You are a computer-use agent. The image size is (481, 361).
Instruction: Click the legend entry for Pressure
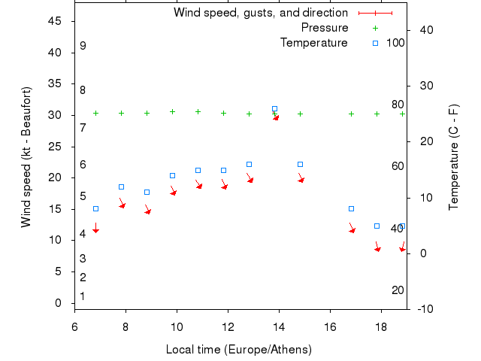coord(325,28)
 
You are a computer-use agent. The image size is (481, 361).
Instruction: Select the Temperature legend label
coord(314,43)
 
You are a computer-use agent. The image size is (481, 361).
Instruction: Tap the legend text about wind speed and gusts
coord(261,13)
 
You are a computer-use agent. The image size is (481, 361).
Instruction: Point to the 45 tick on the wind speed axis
coord(55,21)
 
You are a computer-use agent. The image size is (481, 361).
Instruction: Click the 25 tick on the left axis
coord(55,147)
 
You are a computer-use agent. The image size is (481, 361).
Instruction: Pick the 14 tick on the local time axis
coord(279,327)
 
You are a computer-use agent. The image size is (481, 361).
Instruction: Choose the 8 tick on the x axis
coord(126,327)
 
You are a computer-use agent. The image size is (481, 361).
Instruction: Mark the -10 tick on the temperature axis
coord(424,308)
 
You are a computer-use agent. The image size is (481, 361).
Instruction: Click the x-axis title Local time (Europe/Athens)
coord(239,350)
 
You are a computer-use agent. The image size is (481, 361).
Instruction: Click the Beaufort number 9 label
coord(83,46)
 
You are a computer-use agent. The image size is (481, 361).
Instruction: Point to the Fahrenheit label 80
coord(398,105)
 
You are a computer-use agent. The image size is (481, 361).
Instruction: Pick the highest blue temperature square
coord(274,109)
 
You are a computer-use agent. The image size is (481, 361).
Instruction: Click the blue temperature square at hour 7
coord(95,208)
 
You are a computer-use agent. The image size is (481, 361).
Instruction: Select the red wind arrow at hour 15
coord(301,180)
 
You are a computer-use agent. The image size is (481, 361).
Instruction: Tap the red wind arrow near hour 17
coord(352,229)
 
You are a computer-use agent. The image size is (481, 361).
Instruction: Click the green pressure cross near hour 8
coord(121,113)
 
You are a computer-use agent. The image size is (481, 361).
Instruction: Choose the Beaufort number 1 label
coord(83,296)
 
